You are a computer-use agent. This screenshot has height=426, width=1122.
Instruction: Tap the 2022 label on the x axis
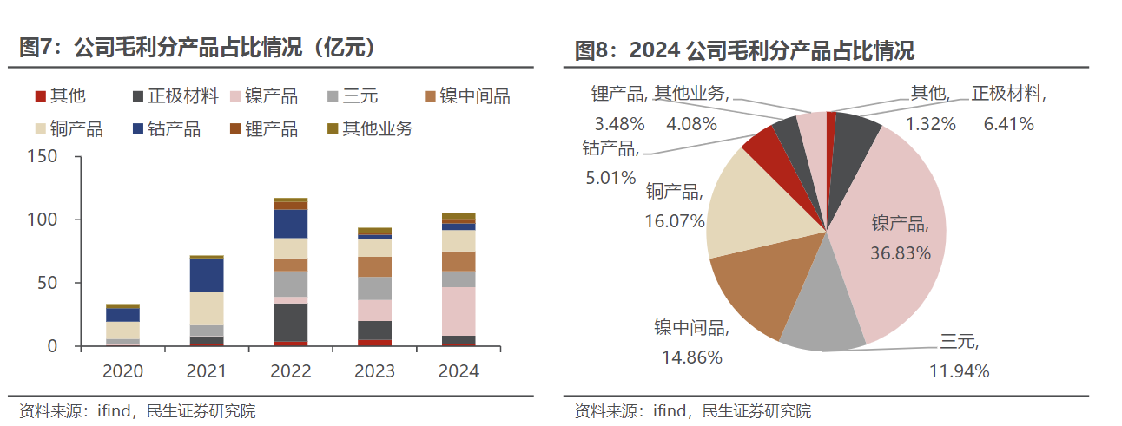click(x=290, y=371)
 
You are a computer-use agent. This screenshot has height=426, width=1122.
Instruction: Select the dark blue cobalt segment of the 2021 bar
click(x=207, y=275)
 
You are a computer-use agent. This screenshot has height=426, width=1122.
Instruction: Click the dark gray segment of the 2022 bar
click(x=290, y=322)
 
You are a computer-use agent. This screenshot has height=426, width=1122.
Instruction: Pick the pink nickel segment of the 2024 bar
click(x=459, y=311)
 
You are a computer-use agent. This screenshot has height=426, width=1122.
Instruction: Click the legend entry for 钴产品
click(x=165, y=129)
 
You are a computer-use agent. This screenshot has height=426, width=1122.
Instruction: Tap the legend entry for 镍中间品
click(x=465, y=96)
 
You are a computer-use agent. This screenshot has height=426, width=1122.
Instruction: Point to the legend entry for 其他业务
click(x=368, y=129)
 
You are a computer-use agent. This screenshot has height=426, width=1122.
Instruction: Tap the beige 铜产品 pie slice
click(x=747, y=204)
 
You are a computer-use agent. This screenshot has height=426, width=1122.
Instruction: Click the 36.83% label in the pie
click(x=901, y=253)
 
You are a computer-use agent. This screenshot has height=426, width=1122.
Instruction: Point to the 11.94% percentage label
click(x=960, y=372)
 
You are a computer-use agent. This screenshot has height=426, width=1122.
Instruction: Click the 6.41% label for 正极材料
click(x=1008, y=124)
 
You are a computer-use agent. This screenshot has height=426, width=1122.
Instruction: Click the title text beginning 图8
click(x=744, y=50)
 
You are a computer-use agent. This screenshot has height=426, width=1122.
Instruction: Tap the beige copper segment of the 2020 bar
click(x=123, y=331)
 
